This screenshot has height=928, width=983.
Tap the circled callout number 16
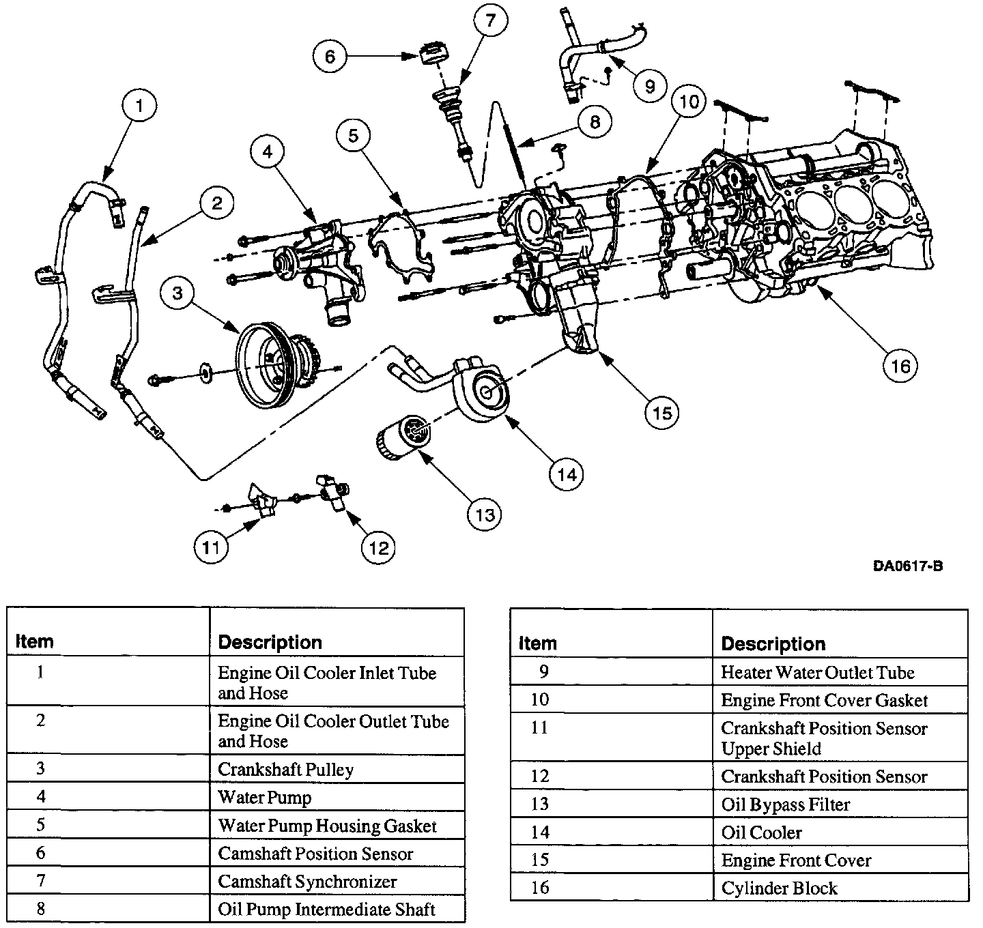tap(900, 366)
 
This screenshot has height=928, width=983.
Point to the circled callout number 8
tap(594, 122)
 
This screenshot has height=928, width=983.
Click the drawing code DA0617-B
tap(907, 566)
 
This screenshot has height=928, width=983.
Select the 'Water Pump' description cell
tap(264, 797)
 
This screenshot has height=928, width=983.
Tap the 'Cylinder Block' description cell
tap(779, 888)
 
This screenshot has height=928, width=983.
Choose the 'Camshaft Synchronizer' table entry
tap(307, 882)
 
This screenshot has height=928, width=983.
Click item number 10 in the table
tap(539, 700)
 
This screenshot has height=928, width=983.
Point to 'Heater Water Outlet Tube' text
tap(817, 673)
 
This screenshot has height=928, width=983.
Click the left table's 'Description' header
tap(270, 642)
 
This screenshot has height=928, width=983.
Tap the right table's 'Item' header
tap(537, 643)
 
